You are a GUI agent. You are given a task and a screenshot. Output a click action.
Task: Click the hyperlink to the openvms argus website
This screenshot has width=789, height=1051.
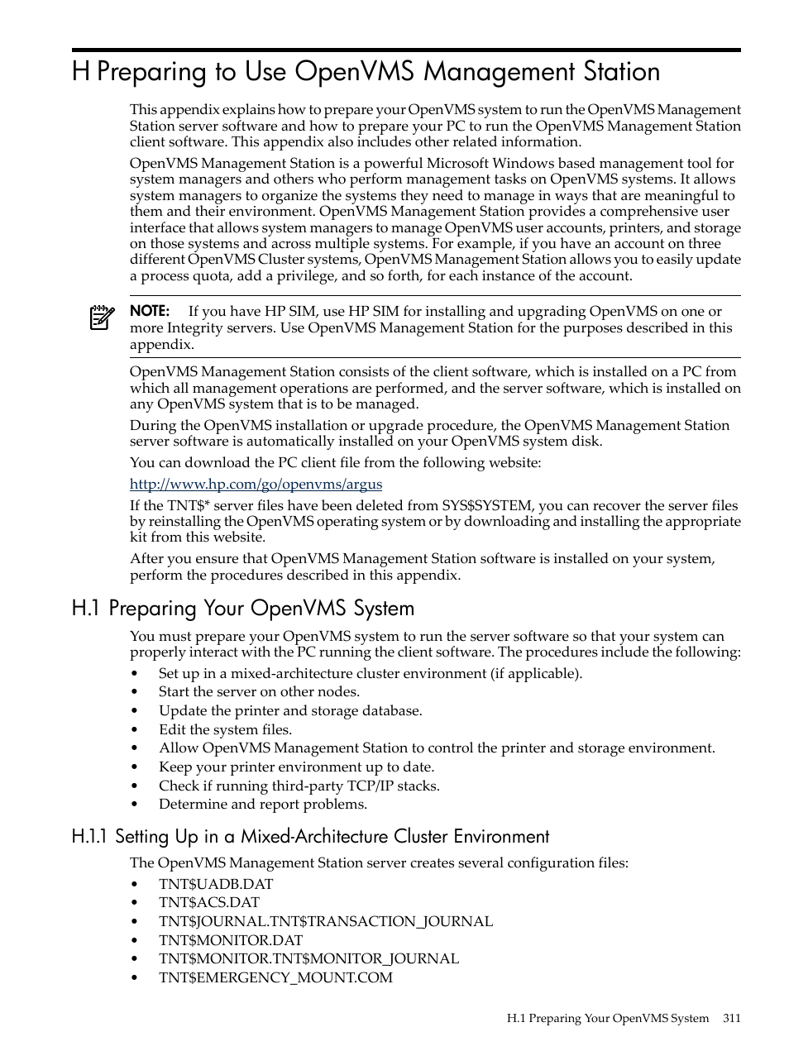coord(256,485)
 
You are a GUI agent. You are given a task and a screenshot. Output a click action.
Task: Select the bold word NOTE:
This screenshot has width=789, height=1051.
coord(150,312)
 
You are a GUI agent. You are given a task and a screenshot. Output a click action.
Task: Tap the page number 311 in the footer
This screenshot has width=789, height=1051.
coord(731,1019)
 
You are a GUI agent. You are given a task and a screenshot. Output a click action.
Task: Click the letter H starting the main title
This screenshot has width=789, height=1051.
coord(80,72)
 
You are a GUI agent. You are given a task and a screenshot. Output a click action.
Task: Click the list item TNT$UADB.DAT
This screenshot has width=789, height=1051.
coord(216,884)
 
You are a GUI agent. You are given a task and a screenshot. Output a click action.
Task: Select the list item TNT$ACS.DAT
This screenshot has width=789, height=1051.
coord(209,902)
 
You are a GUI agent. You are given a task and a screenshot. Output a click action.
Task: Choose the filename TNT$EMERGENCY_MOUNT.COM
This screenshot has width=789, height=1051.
coord(275,977)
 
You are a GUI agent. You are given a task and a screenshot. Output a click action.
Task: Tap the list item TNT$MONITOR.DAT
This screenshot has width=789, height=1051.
coord(231,940)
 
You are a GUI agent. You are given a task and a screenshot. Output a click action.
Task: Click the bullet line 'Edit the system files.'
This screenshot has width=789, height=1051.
coord(225,729)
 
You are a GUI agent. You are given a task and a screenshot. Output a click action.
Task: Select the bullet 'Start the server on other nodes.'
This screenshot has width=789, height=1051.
coord(259,692)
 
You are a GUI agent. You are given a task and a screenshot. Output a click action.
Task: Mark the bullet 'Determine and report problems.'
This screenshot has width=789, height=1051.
coord(263,805)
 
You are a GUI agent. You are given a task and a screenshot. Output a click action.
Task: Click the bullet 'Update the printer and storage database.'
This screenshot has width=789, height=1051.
coord(290,711)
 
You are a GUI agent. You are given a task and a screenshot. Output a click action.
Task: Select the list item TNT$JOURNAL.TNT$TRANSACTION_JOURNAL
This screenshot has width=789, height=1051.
coord(326,921)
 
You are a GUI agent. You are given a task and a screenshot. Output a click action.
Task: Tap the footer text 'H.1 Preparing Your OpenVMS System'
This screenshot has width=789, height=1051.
coord(608,1019)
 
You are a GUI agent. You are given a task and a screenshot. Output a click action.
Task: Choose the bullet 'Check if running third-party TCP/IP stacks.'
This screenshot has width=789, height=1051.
coord(299,786)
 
